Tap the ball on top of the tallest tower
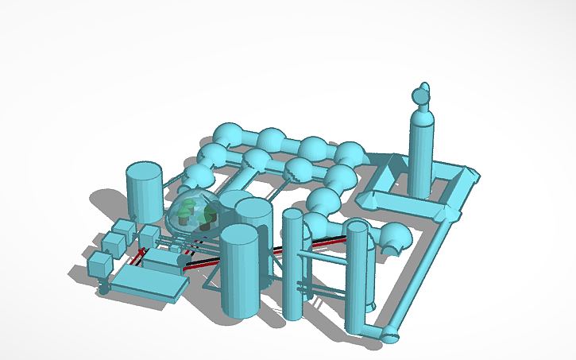tap(421, 95)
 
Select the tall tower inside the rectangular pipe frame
tap(420, 155)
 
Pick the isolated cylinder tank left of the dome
tap(145, 192)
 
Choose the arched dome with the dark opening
tap(394, 239)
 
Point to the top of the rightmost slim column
tap(358, 227)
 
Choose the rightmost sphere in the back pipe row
tap(350, 153)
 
